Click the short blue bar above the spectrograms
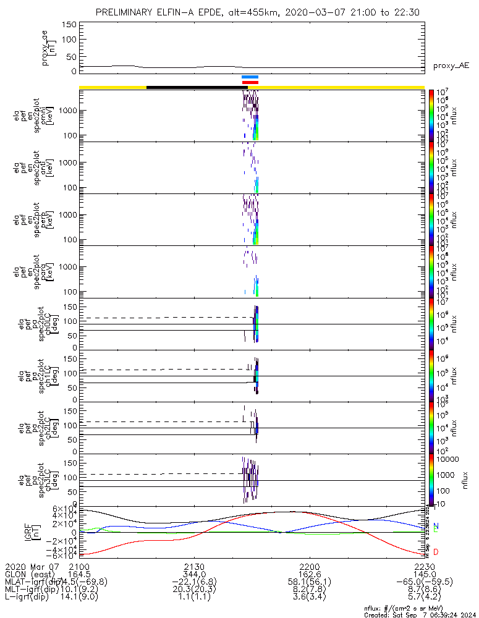click(x=250, y=77)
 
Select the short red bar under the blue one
click(x=250, y=82)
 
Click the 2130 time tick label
click(x=194, y=567)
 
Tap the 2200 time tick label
click(x=309, y=567)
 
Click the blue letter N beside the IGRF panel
click(x=436, y=527)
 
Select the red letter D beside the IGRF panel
click(x=436, y=552)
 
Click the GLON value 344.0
click(x=194, y=574)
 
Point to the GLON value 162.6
click(x=309, y=574)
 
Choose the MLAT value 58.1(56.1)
click(x=309, y=582)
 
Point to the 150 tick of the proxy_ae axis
click(x=69, y=25)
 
